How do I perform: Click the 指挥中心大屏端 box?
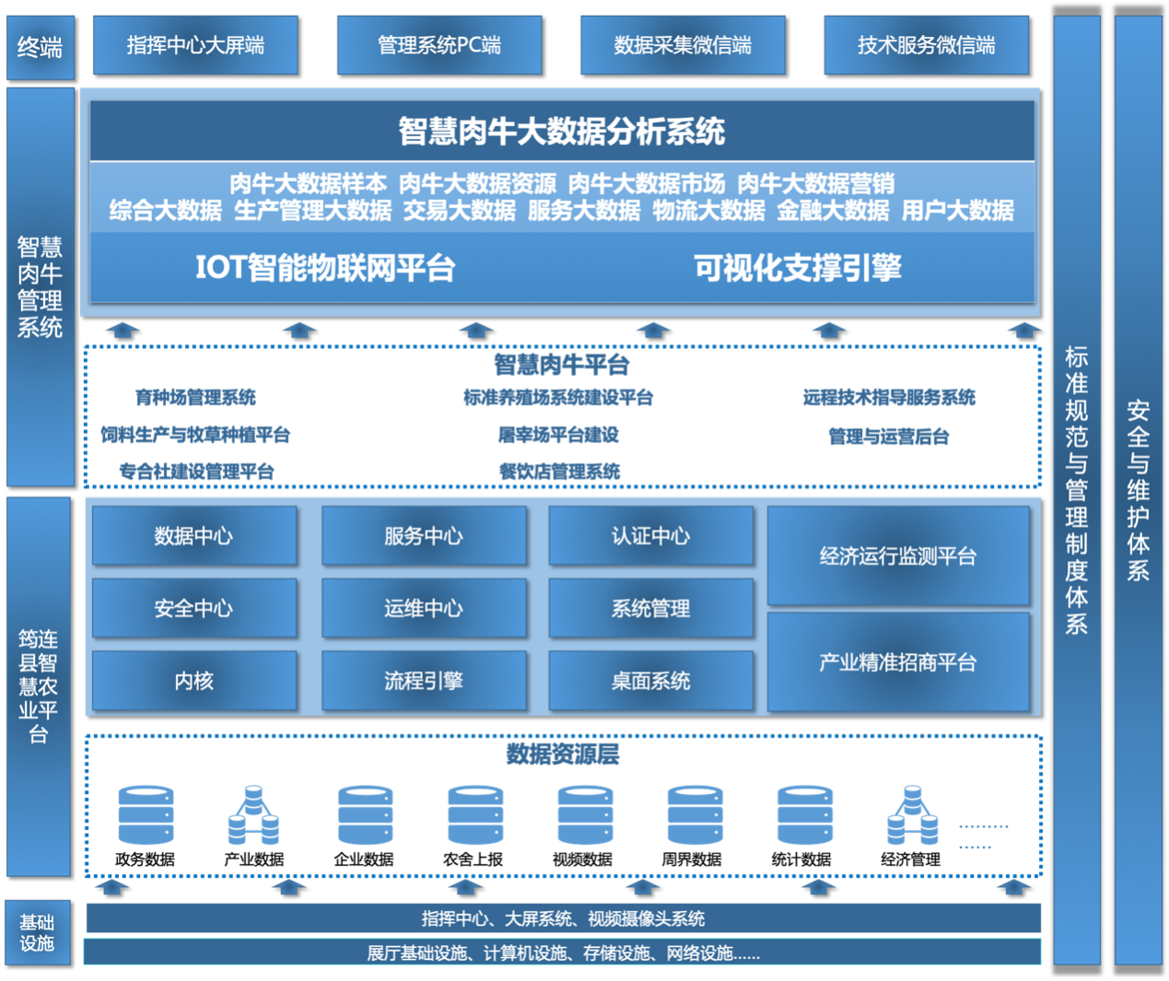tap(195, 45)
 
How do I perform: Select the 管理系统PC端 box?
tap(439, 45)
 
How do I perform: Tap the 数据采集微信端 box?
tap(683, 45)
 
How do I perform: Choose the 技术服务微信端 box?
tap(926, 45)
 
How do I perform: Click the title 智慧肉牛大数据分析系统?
tap(562, 131)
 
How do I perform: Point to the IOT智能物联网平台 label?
tap(325, 267)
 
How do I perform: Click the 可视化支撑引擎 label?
tap(798, 267)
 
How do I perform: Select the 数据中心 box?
tap(194, 536)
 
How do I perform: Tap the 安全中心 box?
tap(194, 608)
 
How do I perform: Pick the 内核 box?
tap(194, 681)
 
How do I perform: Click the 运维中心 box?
tap(424, 608)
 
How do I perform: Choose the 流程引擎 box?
tap(424, 681)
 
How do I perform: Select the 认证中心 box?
tap(651, 536)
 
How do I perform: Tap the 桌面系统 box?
tap(651, 681)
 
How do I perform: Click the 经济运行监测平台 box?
tap(898, 555)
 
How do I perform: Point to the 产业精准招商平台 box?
tap(898, 662)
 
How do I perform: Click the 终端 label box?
tap(40, 46)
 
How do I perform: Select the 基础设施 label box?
tap(38, 932)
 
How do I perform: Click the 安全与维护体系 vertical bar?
tap(1139, 490)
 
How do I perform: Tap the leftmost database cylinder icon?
tap(146, 815)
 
